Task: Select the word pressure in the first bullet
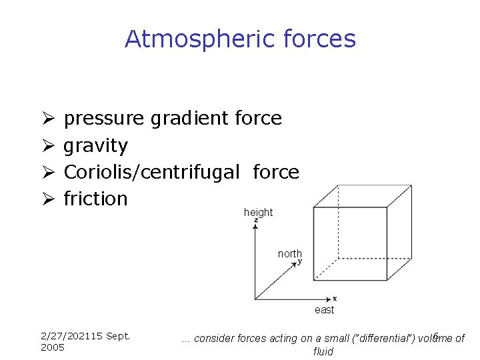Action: (103, 119)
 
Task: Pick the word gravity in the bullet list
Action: (95, 146)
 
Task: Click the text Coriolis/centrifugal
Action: (151, 172)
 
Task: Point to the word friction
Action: (95, 199)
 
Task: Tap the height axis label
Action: (258, 213)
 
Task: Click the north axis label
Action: (290, 254)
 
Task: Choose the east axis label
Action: (325, 310)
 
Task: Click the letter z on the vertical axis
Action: (256, 221)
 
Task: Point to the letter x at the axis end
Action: (335, 298)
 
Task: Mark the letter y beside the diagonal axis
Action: (300, 262)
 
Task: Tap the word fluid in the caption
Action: (323, 351)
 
